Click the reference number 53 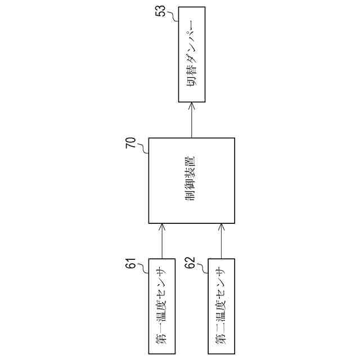click(x=163, y=11)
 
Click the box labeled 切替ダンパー click(x=192, y=55)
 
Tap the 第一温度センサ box click(x=163, y=307)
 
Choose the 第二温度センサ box click(x=221, y=307)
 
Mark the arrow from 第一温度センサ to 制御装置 click(x=163, y=241)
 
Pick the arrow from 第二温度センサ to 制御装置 click(x=221, y=241)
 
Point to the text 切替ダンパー click(x=192, y=55)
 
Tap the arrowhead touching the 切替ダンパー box click(x=192, y=106)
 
